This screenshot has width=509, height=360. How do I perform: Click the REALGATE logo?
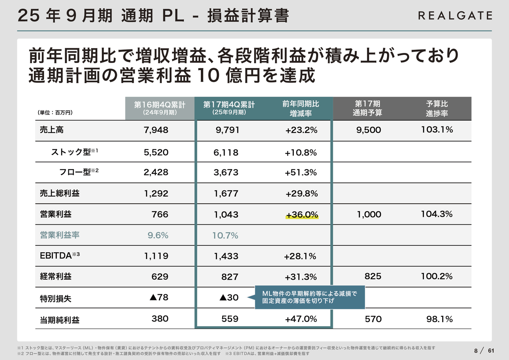(455, 16)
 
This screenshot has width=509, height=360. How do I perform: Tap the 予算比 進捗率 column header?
(437, 108)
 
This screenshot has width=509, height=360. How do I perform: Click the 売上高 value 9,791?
(227, 130)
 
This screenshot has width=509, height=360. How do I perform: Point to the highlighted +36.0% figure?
(302, 215)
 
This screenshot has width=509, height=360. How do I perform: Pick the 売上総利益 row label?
(60, 194)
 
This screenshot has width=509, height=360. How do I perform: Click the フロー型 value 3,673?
(226, 173)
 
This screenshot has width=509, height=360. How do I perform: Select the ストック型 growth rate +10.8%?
(301, 152)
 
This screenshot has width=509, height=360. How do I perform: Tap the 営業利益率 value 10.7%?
(225, 235)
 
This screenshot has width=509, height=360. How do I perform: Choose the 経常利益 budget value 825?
(373, 276)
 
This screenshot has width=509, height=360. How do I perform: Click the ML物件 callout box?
(309, 297)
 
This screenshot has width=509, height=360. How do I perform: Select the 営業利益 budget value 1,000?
(369, 215)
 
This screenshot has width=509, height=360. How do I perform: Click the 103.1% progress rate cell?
(437, 130)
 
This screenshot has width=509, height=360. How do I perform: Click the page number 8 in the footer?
(476, 350)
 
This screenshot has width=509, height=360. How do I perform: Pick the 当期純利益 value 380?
(160, 319)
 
